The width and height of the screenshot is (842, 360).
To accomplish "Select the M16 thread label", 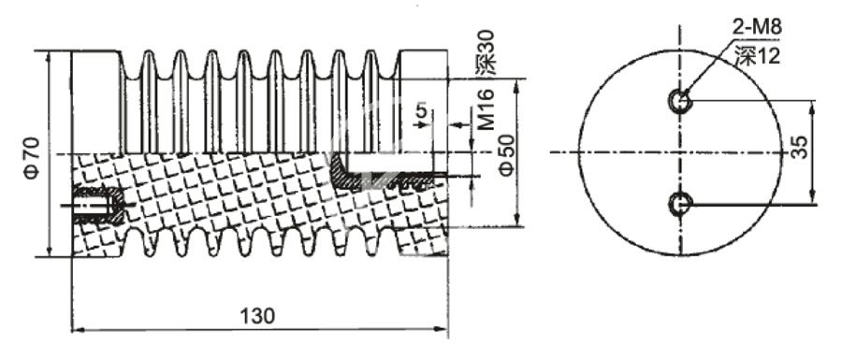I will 486,110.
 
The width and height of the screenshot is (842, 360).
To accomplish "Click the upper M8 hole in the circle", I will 680,100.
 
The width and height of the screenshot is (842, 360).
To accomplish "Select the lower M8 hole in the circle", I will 680,202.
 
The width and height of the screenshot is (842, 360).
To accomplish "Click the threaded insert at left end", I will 96,205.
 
